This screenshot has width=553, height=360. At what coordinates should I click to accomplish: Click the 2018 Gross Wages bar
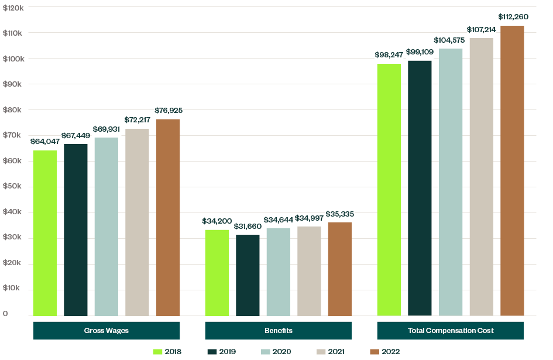pyautogui.click(x=45, y=233)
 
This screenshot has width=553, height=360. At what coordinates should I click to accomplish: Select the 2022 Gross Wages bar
pyautogui.click(x=168, y=217)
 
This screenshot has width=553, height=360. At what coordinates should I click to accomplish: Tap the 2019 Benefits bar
pyautogui.click(x=248, y=275)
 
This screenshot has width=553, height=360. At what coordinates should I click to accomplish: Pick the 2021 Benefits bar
pyautogui.click(x=309, y=271)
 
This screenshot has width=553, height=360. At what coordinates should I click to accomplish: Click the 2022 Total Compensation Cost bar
pyautogui.click(x=512, y=170)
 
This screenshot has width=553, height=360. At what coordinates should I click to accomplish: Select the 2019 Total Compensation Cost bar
pyautogui.click(x=420, y=188)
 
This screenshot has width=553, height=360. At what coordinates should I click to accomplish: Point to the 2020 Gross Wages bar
pyautogui.click(x=107, y=227)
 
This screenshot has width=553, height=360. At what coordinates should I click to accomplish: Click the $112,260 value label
pyautogui.click(x=513, y=16)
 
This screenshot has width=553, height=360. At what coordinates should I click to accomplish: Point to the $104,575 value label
pyautogui.click(x=451, y=40)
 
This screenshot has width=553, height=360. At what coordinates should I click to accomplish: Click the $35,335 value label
pyautogui.click(x=340, y=214)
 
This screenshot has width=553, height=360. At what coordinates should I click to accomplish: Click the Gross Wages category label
pyautogui.click(x=107, y=331)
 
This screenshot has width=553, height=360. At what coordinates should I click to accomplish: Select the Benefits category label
pyautogui.click(x=279, y=331)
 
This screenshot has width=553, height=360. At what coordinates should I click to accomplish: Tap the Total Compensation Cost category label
pyautogui.click(x=451, y=331)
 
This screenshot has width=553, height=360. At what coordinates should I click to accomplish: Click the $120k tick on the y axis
pyautogui.click(x=13, y=7)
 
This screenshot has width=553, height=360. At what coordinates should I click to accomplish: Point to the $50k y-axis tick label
pyautogui.click(x=13, y=186)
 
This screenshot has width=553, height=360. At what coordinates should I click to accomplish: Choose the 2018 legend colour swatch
pyautogui.click(x=157, y=352)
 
